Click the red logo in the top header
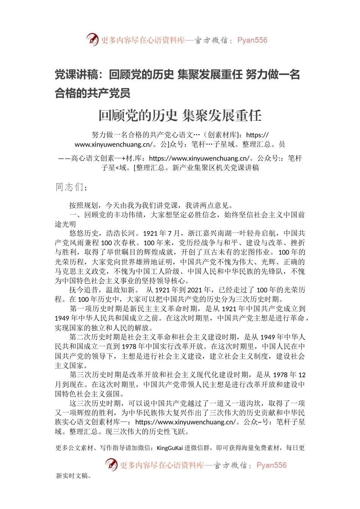(92, 39)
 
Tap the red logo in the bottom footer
(111, 464)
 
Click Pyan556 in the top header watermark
(252, 40)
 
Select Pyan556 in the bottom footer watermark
(271, 465)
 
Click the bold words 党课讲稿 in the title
(76, 75)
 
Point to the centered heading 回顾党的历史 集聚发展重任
(180, 116)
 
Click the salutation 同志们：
(72, 187)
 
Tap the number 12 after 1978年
(302, 375)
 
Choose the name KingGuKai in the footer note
(170, 448)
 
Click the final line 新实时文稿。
(74, 476)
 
